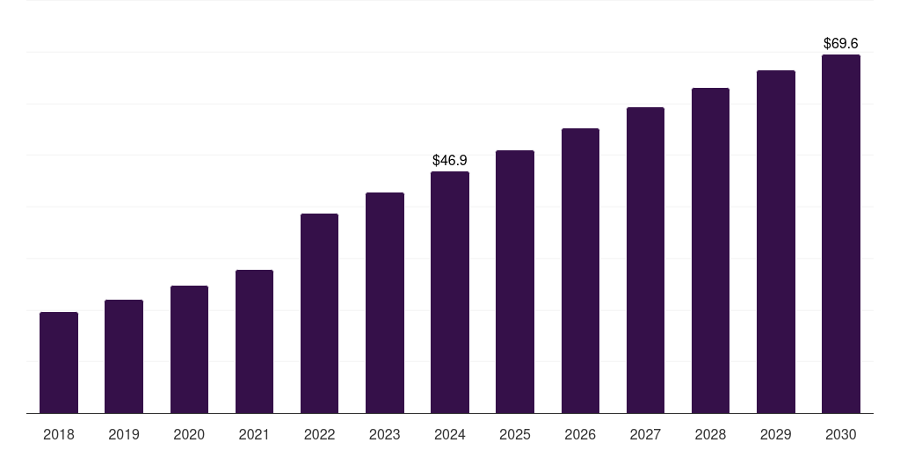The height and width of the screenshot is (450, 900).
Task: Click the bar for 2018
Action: (x=59, y=363)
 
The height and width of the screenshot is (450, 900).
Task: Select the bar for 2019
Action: (x=124, y=357)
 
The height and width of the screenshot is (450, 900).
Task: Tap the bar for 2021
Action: (x=254, y=342)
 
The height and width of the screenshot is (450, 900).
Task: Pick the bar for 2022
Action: (x=319, y=314)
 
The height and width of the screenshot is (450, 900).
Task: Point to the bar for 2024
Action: (x=450, y=292)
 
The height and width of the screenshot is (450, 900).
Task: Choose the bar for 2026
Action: (x=580, y=271)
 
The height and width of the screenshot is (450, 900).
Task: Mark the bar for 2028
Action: (x=710, y=250)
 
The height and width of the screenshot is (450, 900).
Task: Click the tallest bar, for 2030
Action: (x=841, y=234)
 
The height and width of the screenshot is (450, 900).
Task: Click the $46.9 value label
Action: (x=450, y=160)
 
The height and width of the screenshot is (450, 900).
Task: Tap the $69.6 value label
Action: (x=841, y=44)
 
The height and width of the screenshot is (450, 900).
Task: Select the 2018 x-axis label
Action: (x=59, y=435)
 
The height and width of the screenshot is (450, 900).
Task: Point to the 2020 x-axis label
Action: (x=189, y=435)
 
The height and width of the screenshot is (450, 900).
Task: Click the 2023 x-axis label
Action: (x=385, y=435)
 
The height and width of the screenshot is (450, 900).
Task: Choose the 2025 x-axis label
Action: (x=515, y=435)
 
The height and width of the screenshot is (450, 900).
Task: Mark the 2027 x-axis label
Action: (x=645, y=435)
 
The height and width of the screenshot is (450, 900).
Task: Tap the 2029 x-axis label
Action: (x=775, y=435)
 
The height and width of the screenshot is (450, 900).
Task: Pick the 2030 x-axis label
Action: (x=841, y=435)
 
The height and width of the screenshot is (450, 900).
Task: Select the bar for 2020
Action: (x=190, y=350)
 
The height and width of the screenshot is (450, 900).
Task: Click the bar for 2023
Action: (x=385, y=303)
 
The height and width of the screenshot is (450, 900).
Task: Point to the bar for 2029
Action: (x=776, y=243)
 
